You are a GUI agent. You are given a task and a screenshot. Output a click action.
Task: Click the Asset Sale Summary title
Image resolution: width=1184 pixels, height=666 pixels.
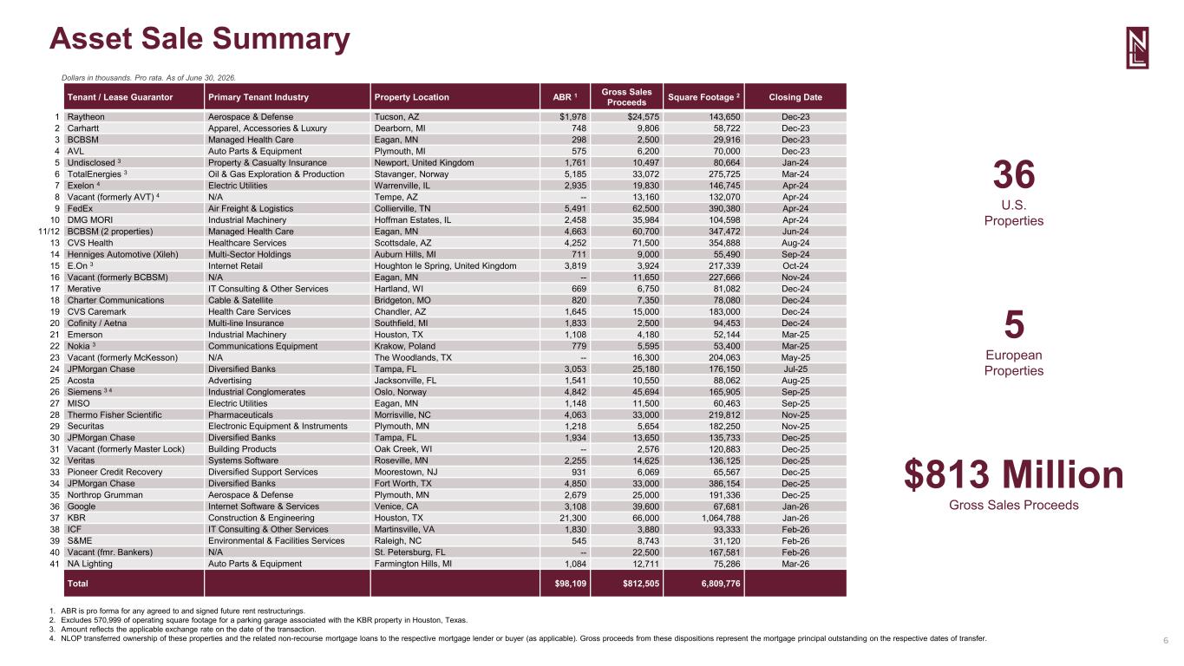200,39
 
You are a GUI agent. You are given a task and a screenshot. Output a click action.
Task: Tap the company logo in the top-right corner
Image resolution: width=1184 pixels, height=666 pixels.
1137,48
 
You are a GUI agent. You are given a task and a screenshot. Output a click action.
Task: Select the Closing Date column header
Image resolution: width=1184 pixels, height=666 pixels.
795,97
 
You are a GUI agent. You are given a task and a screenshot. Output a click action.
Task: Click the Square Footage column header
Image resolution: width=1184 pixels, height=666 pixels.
703,97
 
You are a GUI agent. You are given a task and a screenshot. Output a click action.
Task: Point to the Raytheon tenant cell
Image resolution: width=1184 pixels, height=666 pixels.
86,117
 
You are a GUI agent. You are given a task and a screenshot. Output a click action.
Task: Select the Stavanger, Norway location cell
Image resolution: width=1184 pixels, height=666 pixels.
411,174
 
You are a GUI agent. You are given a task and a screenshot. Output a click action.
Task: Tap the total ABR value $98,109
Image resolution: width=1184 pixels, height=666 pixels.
571,584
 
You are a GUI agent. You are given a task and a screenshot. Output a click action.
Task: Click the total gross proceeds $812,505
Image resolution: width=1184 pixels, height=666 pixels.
641,584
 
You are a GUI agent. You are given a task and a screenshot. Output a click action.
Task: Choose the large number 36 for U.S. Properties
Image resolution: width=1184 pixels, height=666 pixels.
1014,174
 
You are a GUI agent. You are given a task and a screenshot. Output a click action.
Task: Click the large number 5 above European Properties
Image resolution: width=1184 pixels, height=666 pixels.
1014,324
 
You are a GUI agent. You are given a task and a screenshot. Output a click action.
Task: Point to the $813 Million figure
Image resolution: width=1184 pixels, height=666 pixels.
1014,474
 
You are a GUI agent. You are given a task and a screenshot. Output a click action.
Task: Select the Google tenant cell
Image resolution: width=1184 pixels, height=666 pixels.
82,506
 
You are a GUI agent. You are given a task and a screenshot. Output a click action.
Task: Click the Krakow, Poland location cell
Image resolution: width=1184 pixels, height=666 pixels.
405,346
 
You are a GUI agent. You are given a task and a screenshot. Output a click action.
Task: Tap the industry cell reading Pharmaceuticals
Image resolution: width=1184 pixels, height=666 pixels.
240,415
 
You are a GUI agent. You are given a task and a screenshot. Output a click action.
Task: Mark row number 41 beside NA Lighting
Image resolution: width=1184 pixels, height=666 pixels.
55,564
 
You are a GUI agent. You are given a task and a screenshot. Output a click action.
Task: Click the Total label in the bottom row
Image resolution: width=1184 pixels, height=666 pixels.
78,584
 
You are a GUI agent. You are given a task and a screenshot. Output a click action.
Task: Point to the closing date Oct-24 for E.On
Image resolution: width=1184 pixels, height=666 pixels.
795,266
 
